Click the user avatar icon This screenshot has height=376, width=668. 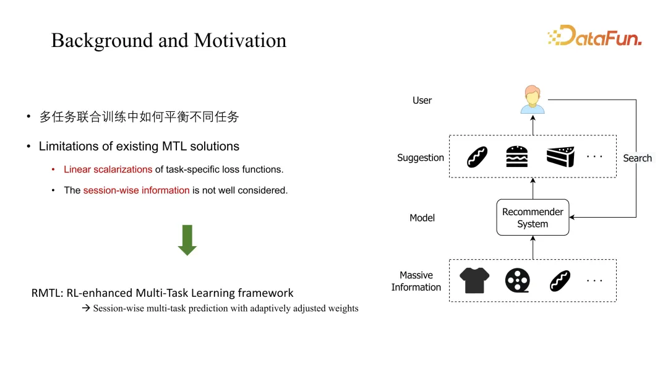coord(533,100)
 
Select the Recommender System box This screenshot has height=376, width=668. coord(533,217)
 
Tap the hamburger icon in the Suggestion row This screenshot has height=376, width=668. coord(516,156)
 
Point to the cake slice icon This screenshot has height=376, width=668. coord(560,156)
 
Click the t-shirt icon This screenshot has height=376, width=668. coord(474,280)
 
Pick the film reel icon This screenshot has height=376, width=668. coord(517,280)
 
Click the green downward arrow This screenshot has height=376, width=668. coord(187,240)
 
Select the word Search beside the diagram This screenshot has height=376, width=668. coord(637,158)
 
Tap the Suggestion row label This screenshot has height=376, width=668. coord(421,158)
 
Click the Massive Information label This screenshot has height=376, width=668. coord(416,281)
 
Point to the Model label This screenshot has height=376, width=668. coord(422,218)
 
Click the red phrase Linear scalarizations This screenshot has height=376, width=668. coord(108,169)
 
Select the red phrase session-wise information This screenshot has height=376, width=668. coord(136,190)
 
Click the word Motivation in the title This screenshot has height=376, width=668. coord(240,40)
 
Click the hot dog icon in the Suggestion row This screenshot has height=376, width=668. coord(477,156)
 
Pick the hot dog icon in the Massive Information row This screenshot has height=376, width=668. coord(560,281)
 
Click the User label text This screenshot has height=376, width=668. coord(422,101)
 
